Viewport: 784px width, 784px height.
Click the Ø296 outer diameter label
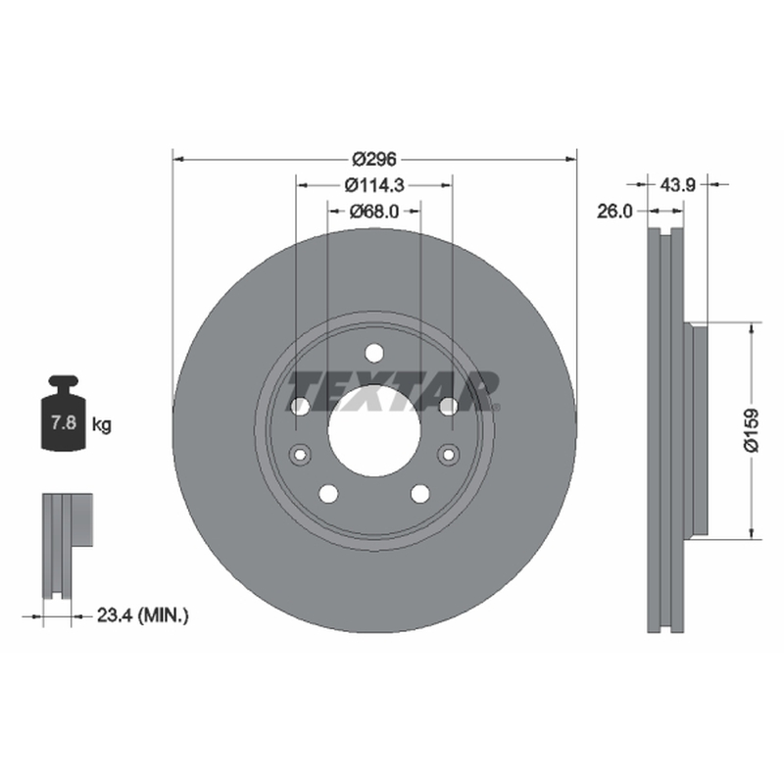tap(374, 160)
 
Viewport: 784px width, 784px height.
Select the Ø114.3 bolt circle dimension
tap(374, 185)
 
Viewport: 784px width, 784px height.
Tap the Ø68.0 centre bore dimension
tap(374, 212)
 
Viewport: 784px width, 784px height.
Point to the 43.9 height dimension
tap(677, 185)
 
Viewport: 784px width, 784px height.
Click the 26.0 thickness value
tap(614, 212)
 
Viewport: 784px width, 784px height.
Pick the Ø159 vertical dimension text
tap(751, 430)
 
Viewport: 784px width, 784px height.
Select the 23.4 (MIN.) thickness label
tap(142, 615)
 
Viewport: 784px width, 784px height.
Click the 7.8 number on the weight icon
tap(64, 423)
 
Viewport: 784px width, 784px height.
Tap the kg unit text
tap(102, 425)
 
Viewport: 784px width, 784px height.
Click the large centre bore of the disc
tap(374, 430)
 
